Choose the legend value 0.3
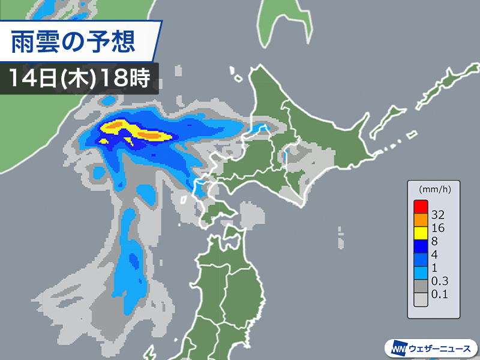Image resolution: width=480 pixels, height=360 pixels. pos(442,281)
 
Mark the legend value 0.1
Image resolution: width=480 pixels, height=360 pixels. pos(442,294)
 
